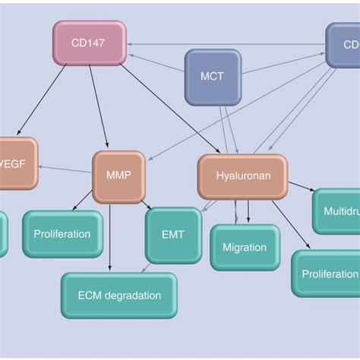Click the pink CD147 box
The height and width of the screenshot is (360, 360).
click(90, 43)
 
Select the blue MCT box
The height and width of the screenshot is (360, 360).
click(213, 77)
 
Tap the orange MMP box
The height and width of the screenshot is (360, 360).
click(118, 176)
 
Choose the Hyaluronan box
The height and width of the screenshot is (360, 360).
click(242, 176)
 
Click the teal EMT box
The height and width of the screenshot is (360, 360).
click(173, 235)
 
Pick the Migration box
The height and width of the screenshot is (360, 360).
click(245, 247)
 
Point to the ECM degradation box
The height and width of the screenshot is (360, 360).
click(119, 295)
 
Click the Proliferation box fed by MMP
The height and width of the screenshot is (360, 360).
click(62, 234)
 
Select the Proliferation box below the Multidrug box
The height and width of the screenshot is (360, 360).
click(327, 273)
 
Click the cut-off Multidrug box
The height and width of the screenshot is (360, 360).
click(337, 210)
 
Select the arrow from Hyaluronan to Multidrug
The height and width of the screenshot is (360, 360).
click(302, 186)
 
